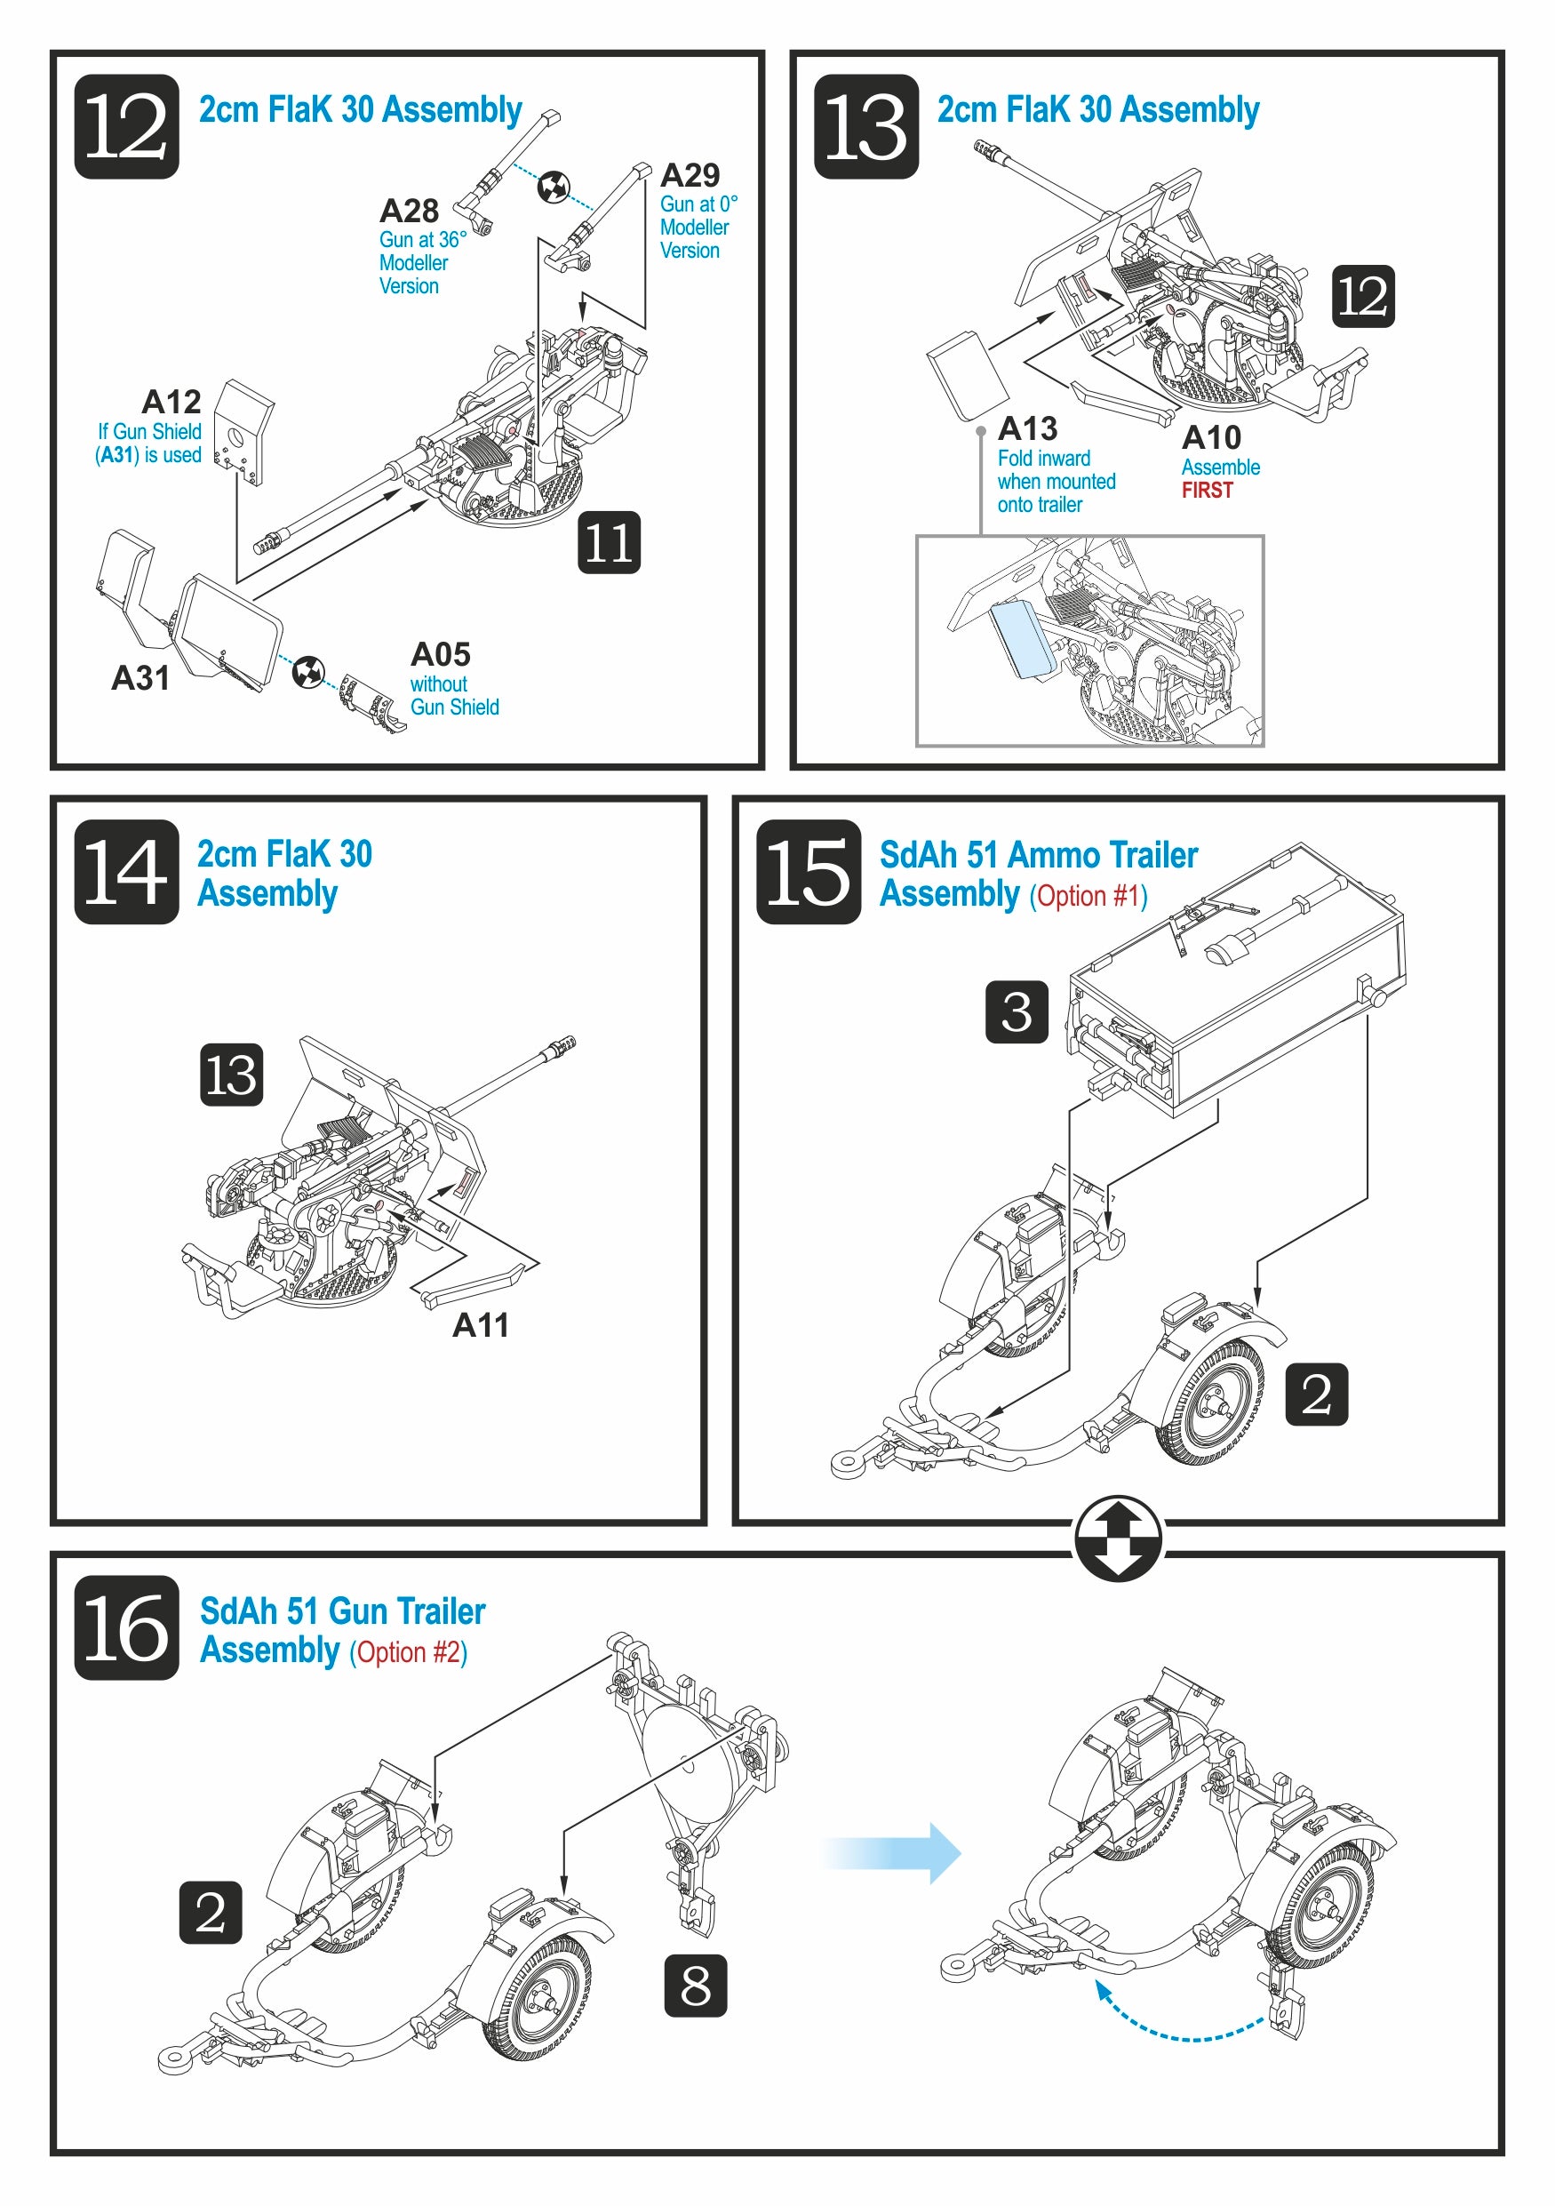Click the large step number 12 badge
click(x=127, y=127)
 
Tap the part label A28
click(x=408, y=211)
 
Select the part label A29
click(x=690, y=175)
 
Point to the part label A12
click(x=171, y=401)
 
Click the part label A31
click(x=140, y=677)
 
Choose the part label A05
click(x=440, y=654)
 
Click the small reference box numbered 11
click(x=609, y=542)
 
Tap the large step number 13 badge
click(x=865, y=127)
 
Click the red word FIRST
click(x=1207, y=491)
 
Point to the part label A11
click(x=480, y=1325)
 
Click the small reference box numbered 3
click(x=1017, y=1011)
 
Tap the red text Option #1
click(x=1089, y=897)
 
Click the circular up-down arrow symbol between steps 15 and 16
click(x=1117, y=1538)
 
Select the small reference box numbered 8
click(x=696, y=1985)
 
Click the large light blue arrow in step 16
click(x=893, y=1852)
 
